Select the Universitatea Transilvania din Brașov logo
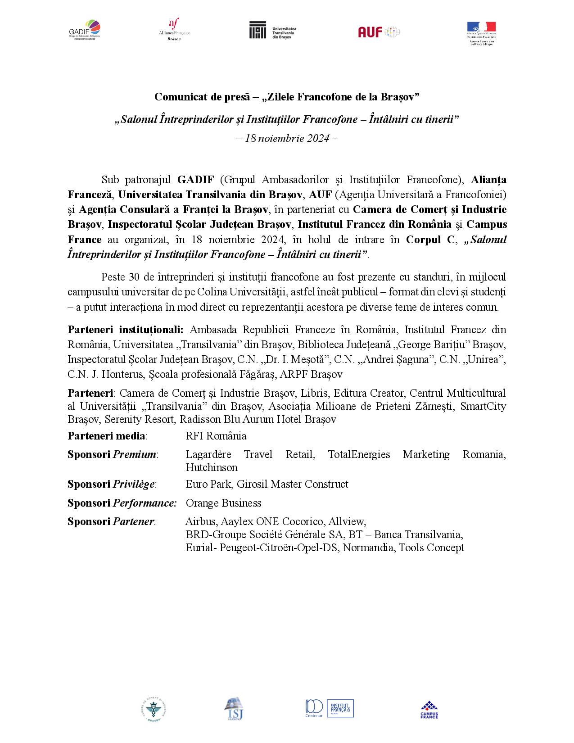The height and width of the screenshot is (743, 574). (272, 30)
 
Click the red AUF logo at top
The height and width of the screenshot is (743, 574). (379, 32)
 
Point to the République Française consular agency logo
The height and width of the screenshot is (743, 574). (481, 32)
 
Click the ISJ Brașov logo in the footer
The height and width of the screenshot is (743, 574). (233, 709)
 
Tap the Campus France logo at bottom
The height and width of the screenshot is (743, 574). (429, 710)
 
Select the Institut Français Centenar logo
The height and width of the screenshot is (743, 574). (329, 708)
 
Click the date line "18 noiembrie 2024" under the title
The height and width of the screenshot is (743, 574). (287, 138)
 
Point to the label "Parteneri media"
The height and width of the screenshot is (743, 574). (108, 436)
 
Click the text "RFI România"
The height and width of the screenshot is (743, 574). (216, 436)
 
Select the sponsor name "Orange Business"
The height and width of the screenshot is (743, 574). (223, 503)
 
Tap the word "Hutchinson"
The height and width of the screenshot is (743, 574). (212, 467)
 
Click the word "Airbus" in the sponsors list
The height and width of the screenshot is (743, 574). (200, 521)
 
